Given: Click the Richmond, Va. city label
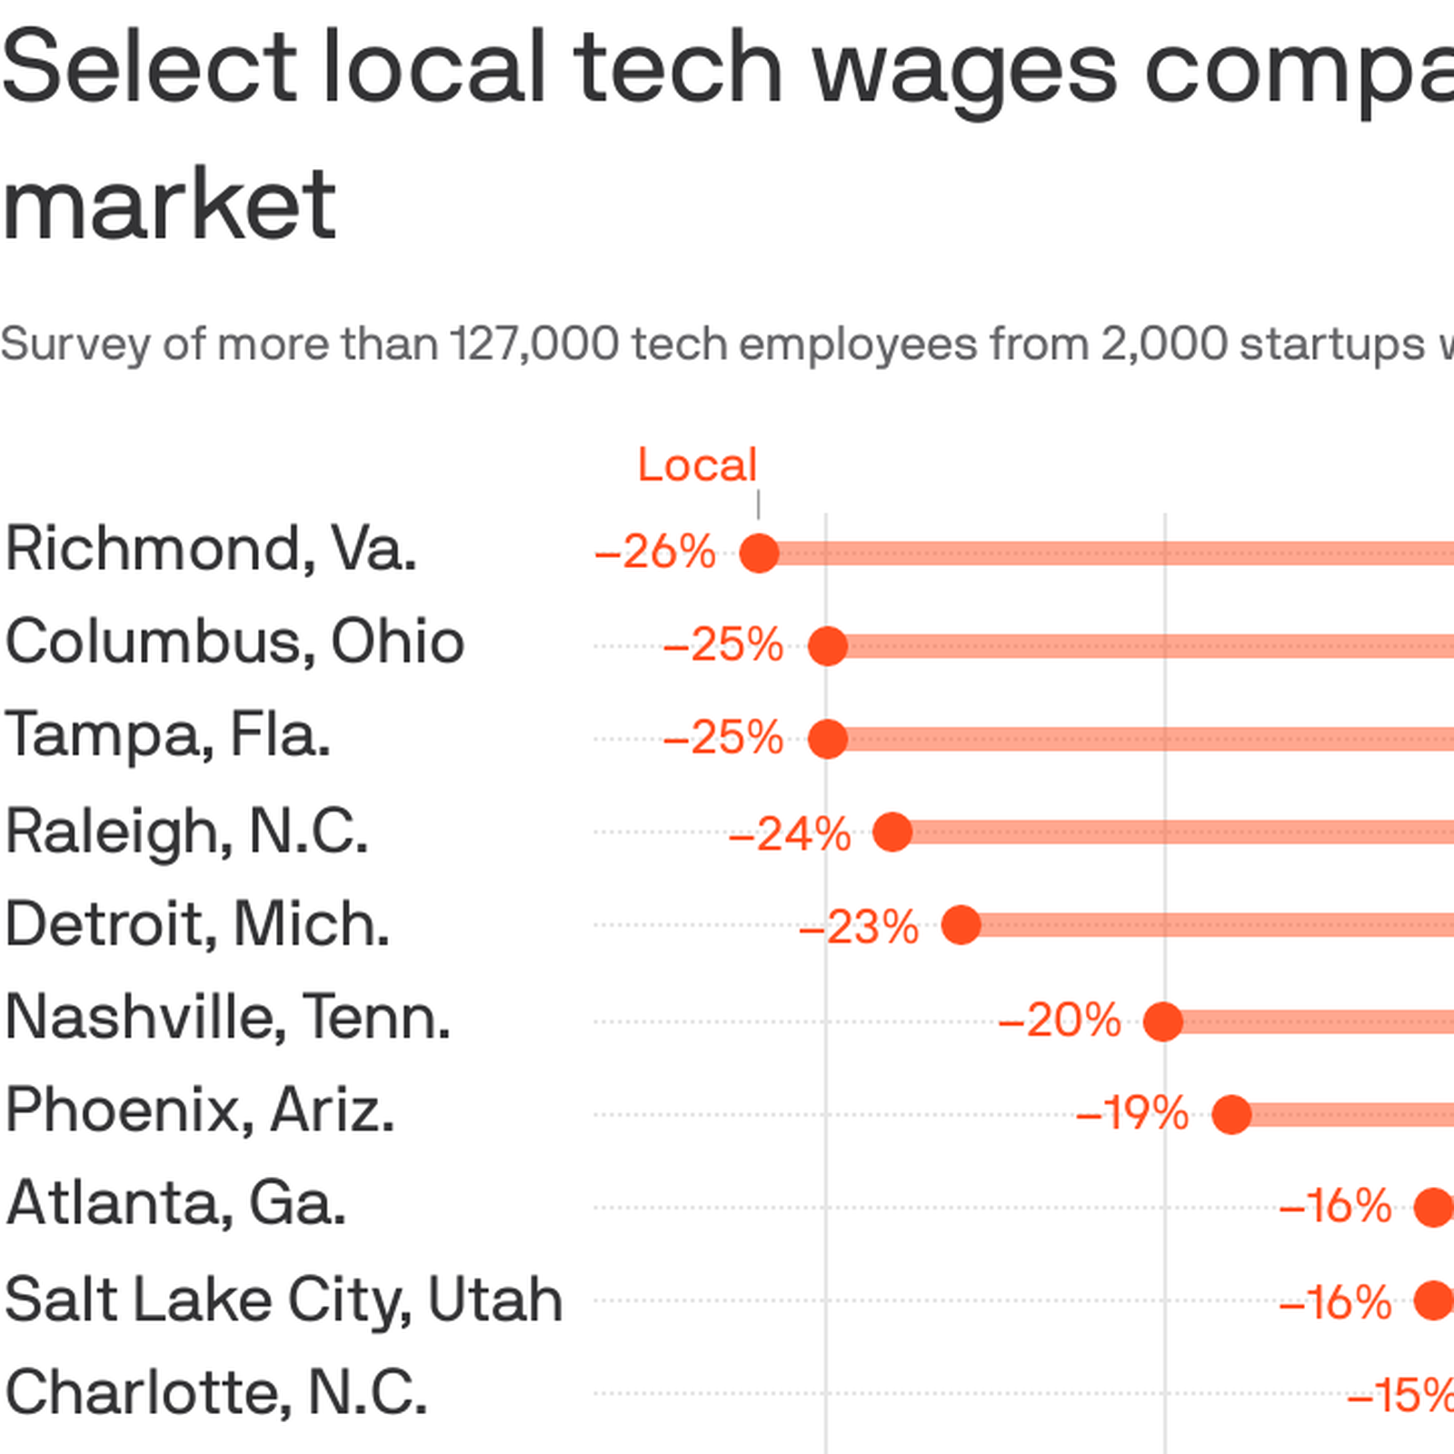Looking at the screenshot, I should pos(211,549).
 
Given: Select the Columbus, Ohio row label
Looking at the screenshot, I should pos(234,642).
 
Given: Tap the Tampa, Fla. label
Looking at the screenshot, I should pos(167,734).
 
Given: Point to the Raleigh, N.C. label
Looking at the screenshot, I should pos(186,831).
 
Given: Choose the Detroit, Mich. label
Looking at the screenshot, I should pos(197,924).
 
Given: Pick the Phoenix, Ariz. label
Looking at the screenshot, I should pos(200,1110).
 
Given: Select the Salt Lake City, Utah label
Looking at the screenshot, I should pos(284,1299).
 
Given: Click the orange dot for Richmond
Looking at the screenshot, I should pos(759,553).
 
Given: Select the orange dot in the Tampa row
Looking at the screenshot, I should pos(827,739).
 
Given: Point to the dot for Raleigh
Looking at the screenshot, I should pos(892,832).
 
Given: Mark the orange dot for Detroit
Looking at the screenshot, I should pos(961,925).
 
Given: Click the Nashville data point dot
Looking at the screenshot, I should pos(1162,1021).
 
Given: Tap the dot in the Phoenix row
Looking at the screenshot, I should pos(1231,1114).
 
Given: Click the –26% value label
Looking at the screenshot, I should pos(655,553).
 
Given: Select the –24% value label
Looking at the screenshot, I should pos(790,833).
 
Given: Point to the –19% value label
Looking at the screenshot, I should pos(1132,1114).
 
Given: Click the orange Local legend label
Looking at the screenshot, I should pos(697,465).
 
